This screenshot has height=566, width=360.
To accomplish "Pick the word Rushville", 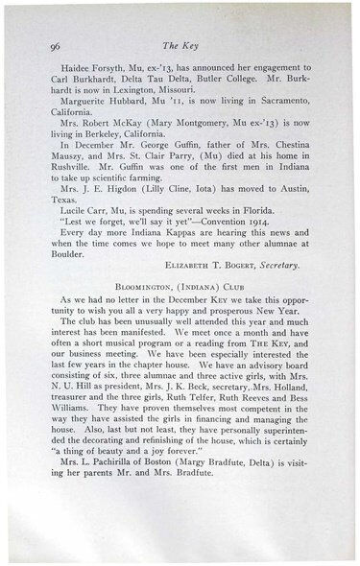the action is pyautogui.click(x=68, y=190).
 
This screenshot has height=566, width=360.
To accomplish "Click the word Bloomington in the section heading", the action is pyautogui.click(x=149, y=340).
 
